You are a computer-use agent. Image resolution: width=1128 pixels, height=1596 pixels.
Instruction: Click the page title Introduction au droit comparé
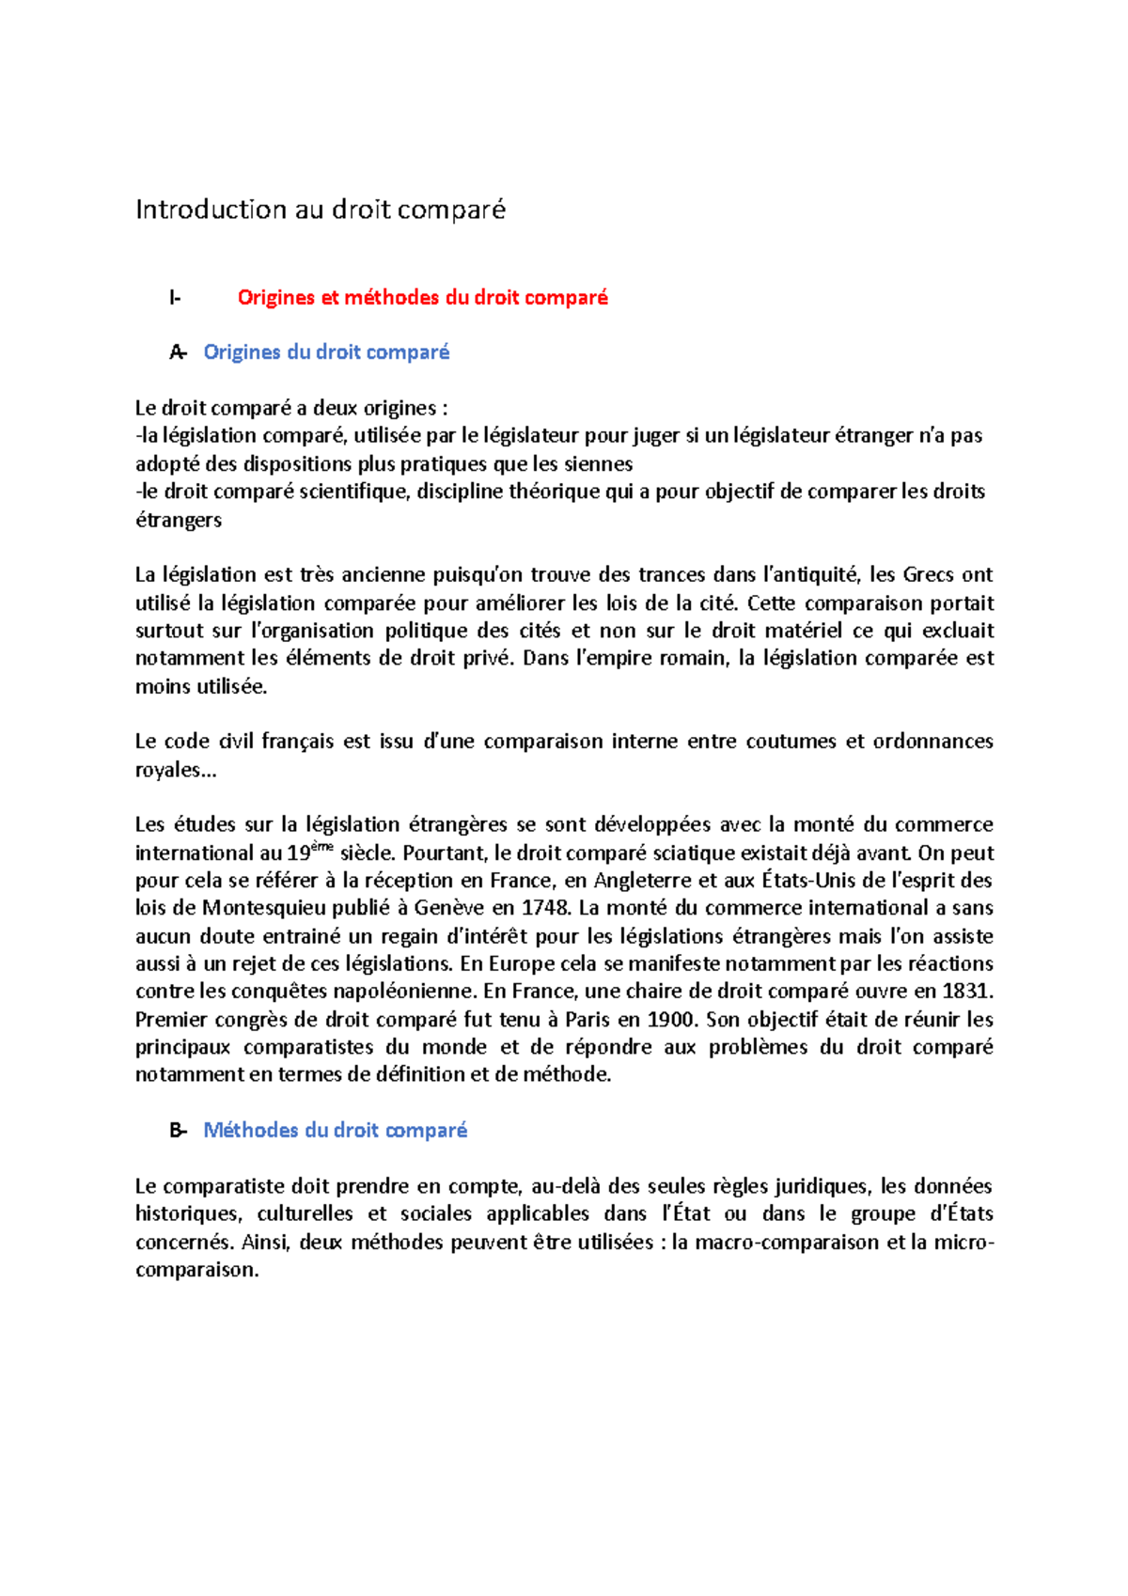click(x=321, y=210)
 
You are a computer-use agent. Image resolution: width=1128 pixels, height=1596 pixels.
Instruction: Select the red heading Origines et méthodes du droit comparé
click(x=422, y=298)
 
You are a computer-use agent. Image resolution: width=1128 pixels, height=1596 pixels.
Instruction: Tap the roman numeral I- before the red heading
click(x=175, y=298)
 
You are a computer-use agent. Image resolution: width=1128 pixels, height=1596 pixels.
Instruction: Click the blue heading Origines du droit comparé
click(x=326, y=352)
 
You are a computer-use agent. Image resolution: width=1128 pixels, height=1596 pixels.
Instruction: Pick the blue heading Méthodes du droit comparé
click(x=335, y=1131)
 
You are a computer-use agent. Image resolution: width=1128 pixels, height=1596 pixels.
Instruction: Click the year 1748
click(x=544, y=908)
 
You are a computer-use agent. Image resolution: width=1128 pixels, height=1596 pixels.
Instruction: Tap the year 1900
click(x=671, y=1020)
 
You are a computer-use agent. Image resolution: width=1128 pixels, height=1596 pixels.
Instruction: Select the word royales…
click(x=176, y=771)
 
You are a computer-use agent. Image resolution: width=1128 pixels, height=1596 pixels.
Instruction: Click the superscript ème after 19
click(x=323, y=848)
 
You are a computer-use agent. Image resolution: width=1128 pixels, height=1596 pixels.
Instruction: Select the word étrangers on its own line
click(x=179, y=520)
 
